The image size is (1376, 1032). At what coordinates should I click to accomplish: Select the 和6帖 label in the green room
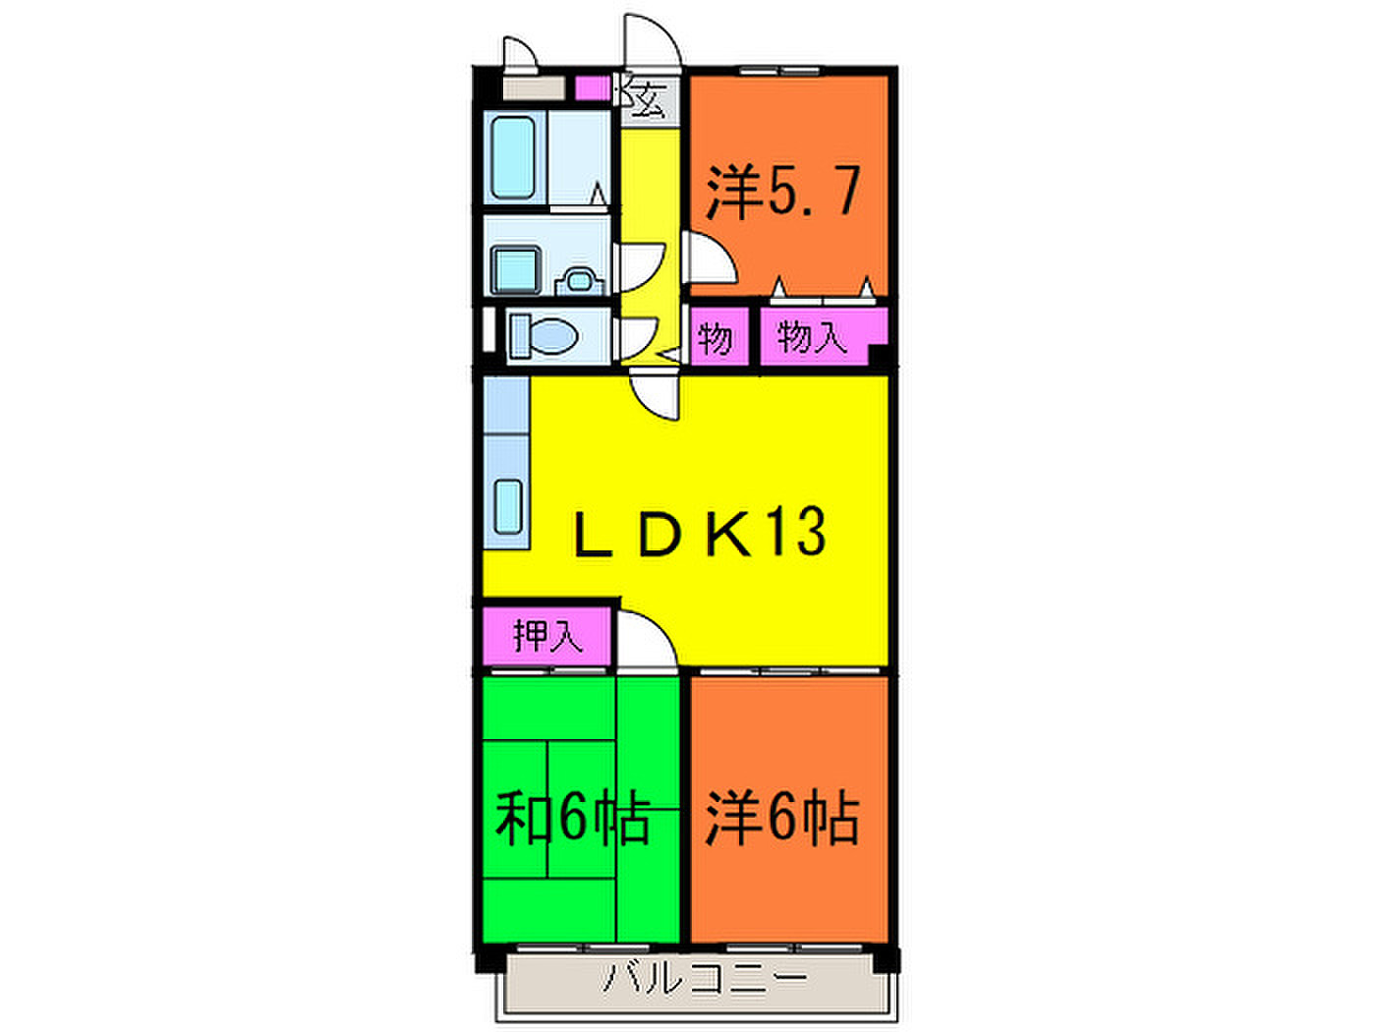coord(572,819)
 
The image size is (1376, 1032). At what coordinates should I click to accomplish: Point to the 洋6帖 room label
coord(781,819)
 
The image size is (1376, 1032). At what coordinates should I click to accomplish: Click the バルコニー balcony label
coord(705,979)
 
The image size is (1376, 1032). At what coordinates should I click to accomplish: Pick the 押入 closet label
coord(547,636)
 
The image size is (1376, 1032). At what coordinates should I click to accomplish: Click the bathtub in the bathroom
coord(513,157)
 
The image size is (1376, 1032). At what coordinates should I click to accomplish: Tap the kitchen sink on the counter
coord(508,506)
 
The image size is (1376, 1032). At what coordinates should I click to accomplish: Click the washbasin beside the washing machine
coord(580,281)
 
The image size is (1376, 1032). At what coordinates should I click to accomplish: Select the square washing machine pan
coord(516,269)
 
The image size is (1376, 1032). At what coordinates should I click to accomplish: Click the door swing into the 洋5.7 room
coord(710,258)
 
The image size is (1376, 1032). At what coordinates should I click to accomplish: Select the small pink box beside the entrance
coord(593,88)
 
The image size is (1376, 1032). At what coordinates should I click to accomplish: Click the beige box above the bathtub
coord(534,87)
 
